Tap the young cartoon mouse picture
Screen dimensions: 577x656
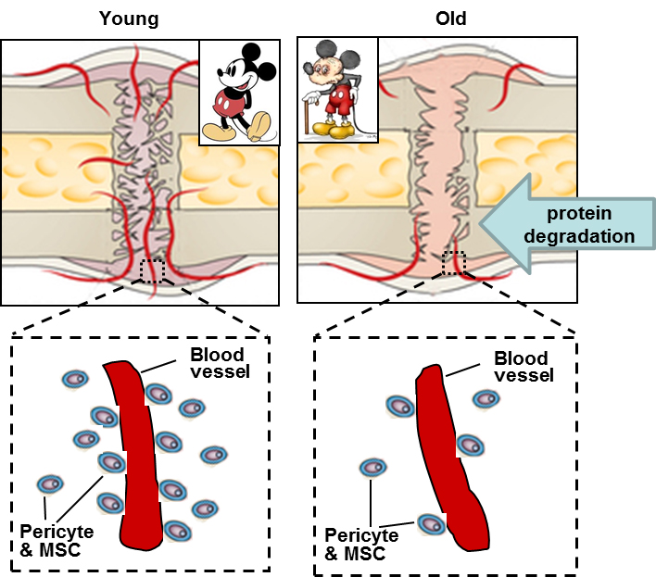click(238, 93)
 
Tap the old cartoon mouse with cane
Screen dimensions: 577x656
click(337, 90)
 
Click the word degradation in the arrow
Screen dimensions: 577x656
click(580, 235)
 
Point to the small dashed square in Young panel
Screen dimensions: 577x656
click(152, 271)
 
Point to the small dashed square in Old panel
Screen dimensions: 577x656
click(454, 263)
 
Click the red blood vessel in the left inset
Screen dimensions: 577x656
click(139, 454)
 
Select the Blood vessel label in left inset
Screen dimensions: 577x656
click(216, 363)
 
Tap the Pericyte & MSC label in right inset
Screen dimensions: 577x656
click(361, 545)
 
